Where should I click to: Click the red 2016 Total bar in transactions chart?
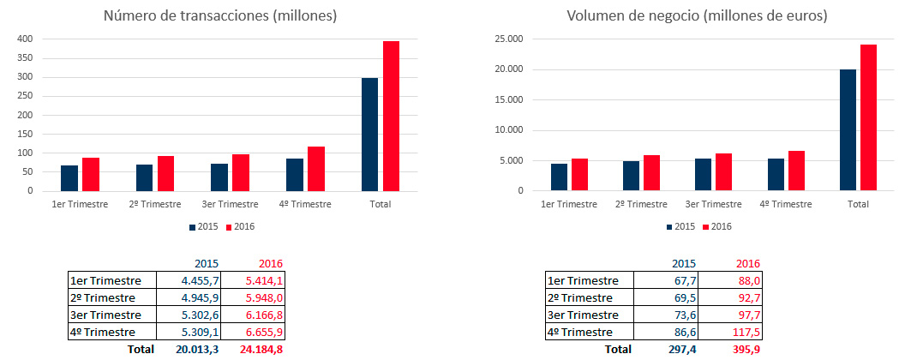tap(391, 116)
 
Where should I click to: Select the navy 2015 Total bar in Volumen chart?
tap(848, 130)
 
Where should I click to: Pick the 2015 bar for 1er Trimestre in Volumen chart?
tap(559, 177)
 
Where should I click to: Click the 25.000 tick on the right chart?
tap(512, 39)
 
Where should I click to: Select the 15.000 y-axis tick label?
tap(512, 100)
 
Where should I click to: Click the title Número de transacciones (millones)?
tap(220, 15)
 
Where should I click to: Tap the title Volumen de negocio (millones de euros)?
tap(697, 15)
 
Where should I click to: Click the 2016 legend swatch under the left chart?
tap(229, 227)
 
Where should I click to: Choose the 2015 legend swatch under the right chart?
tap(670, 227)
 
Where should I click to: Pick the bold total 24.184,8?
tap(261, 350)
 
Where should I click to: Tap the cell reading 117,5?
tap(730, 332)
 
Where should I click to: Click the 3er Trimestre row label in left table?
tap(105, 315)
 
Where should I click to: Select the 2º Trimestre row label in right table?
tap(580, 298)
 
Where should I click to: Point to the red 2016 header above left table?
tap(272, 264)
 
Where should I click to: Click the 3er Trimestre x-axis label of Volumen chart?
tap(713, 204)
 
